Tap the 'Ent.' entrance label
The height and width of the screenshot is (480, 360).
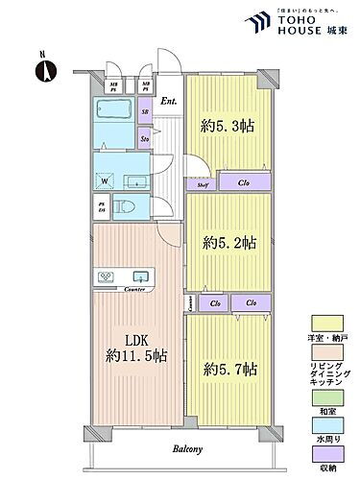(x=168, y=101)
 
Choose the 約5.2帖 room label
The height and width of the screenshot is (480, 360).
(x=228, y=243)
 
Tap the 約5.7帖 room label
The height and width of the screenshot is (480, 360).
(x=229, y=367)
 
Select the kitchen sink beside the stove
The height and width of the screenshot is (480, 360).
(x=141, y=275)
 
